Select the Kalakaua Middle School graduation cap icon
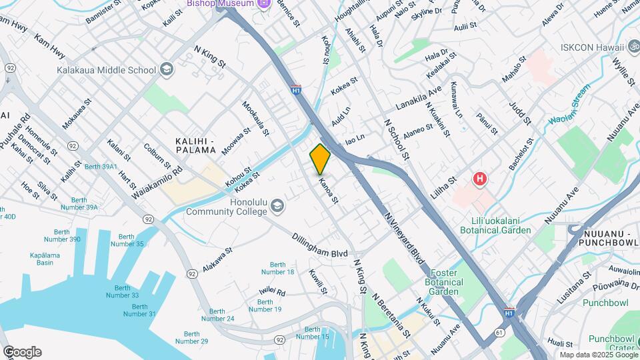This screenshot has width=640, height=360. point(166,69)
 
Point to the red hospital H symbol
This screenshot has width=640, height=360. point(479,179)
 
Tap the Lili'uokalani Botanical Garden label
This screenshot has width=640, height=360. point(495,225)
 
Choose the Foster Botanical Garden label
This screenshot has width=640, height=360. point(445,282)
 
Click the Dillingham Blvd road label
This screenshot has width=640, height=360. point(320,245)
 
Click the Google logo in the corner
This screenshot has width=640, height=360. point(21,352)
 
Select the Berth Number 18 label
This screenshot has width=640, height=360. point(278,268)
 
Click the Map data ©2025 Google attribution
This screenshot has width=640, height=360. point(598,355)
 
